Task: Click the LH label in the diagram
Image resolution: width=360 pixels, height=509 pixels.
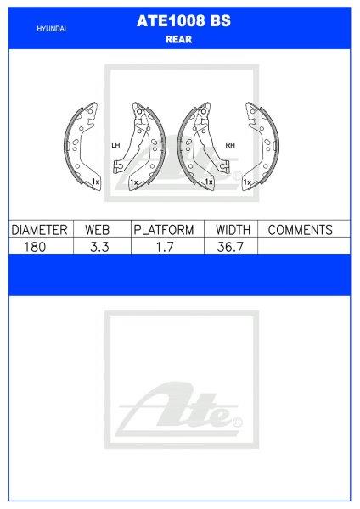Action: (x=115, y=145)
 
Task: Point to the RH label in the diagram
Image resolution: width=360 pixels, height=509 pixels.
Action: (x=229, y=145)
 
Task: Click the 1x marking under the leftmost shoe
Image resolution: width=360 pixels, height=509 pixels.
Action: (x=96, y=182)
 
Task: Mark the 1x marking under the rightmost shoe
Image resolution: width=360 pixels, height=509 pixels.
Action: (x=246, y=182)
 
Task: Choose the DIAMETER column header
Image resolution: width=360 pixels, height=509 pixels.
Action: (x=38, y=230)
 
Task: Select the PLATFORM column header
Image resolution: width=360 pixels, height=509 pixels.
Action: (x=163, y=230)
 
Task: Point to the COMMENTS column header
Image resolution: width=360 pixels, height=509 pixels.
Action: (x=300, y=230)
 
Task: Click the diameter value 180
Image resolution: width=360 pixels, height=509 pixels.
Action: (x=38, y=246)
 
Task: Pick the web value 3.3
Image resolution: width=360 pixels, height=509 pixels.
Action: (x=99, y=246)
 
